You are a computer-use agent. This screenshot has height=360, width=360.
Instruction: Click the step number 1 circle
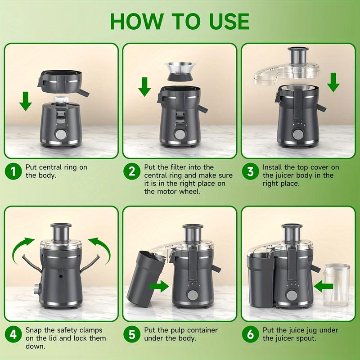click(x=13, y=171)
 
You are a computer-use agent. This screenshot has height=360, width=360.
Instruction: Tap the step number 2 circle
click(x=132, y=171)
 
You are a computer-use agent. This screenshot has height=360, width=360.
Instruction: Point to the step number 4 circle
click(x=13, y=335)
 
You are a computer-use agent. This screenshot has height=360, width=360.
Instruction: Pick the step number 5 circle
click(x=132, y=335)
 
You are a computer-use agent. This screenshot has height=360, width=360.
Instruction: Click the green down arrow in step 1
click(x=26, y=100)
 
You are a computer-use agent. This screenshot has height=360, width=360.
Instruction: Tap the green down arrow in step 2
click(x=144, y=86)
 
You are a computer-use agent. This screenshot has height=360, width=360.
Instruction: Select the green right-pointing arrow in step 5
click(x=159, y=285)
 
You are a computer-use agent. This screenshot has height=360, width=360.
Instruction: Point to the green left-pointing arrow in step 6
click(x=324, y=285)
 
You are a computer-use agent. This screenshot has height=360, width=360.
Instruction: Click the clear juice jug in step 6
click(x=336, y=284)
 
